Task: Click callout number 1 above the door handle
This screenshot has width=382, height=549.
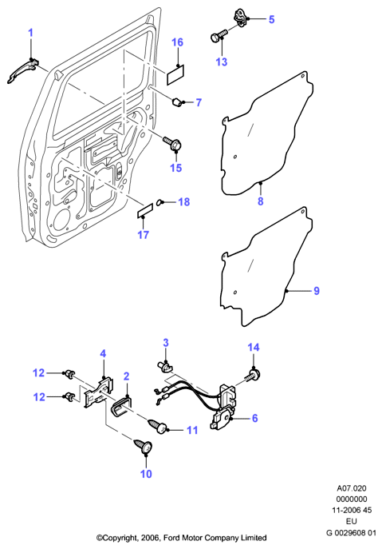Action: pos(31,34)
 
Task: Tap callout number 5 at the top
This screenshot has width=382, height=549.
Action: pos(272,19)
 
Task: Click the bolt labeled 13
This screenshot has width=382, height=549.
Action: pos(219,35)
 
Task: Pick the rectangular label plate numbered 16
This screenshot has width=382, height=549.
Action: pos(175,75)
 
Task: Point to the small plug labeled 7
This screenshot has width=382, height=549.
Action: pos(177,101)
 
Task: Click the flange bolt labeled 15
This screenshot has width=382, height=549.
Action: pos(172,144)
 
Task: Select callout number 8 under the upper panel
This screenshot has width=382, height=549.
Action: pos(260,201)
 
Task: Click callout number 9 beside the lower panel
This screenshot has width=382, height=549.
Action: pos(317,291)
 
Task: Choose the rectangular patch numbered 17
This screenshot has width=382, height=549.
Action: pos(144,211)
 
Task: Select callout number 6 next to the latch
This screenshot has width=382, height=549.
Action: pos(254,418)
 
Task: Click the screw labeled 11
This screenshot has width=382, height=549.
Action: pos(159,425)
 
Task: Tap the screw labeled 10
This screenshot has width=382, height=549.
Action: pos(144,445)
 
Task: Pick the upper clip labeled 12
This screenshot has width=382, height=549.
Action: pos(70,374)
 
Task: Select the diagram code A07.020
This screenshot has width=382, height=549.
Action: pos(352,488)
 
